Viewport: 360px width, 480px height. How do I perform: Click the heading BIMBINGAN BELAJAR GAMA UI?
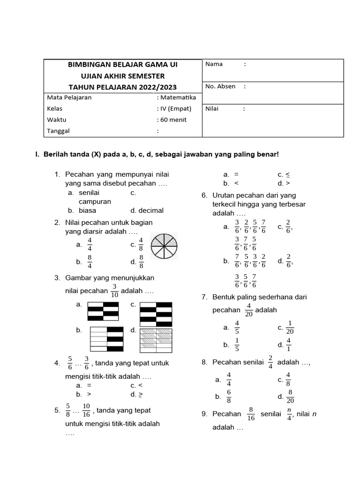point(123,64)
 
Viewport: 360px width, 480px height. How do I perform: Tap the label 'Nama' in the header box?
point(214,64)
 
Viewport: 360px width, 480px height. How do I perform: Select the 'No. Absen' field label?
point(220,86)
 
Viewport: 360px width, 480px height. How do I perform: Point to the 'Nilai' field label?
point(212,109)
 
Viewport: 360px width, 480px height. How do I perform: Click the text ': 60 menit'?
point(172,120)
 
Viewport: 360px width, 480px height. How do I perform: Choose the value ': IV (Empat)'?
point(174,109)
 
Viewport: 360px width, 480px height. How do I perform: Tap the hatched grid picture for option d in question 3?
point(156,339)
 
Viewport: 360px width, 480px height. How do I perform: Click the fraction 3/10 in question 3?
point(114,291)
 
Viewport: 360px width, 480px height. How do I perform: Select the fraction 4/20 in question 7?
point(249,310)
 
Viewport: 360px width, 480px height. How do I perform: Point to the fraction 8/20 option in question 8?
point(291,397)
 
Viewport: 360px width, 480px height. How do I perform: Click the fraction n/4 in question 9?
point(289,414)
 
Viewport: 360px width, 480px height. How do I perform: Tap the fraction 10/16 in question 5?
point(86,411)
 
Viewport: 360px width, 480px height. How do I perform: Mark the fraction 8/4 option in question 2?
point(90,262)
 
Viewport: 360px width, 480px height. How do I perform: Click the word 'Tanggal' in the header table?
point(58,131)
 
